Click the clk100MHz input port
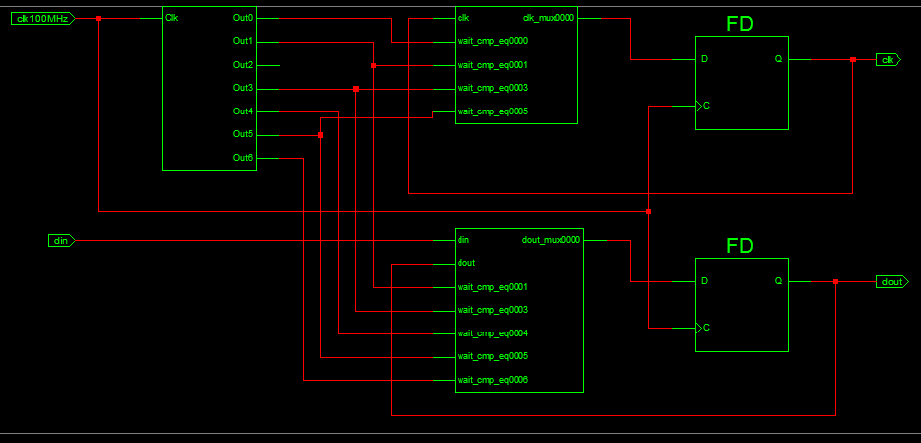pyautogui.click(x=44, y=19)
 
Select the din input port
pyautogui.click(x=61, y=241)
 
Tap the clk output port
pyautogui.click(x=887, y=60)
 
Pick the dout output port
pyautogui.click(x=891, y=282)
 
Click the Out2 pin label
pyautogui.click(x=242, y=65)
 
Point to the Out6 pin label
pyautogui.click(x=242, y=158)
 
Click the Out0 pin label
pyautogui.click(x=242, y=18)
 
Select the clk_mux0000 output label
pyautogui.click(x=548, y=18)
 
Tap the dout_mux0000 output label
pyautogui.click(x=550, y=239)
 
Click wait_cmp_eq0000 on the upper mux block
pyautogui.click(x=492, y=41)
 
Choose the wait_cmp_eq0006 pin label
pyautogui.click(x=492, y=380)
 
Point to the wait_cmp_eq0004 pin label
pyautogui.click(x=492, y=333)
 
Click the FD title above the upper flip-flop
pyautogui.click(x=740, y=24)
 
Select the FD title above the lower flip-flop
pyautogui.click(x=740, y=246)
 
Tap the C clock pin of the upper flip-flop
pyautogui.click(x=706, y=106)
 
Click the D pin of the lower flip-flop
pyautogui.click(x=705, y=281)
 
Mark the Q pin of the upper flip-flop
pyautogui.click(x=778, y=59)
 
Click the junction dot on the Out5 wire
pyautogui.click(x=320, y=135)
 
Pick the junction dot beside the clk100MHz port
pyautogui.click(x=98, y=19)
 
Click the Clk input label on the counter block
pyautogui.click(x=172, y=18)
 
